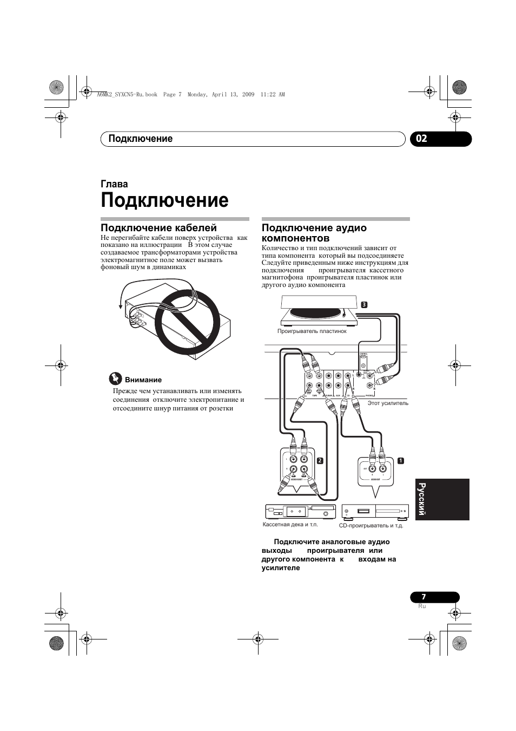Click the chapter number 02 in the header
coord(422,139)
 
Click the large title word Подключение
coord(164,200)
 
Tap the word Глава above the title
coord(114,184)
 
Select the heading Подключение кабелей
coord(158,228)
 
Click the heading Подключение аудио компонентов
coord(314,233)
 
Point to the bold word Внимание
coord(143,380)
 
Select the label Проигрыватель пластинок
coord(312,331)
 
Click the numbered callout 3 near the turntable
coord(365,304)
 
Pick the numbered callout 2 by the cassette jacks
coord(320,461)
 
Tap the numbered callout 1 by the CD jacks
coord(400,461)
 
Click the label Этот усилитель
coord(388,403)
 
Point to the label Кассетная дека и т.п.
coord(290,524)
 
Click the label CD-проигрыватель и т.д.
coord(371,525)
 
